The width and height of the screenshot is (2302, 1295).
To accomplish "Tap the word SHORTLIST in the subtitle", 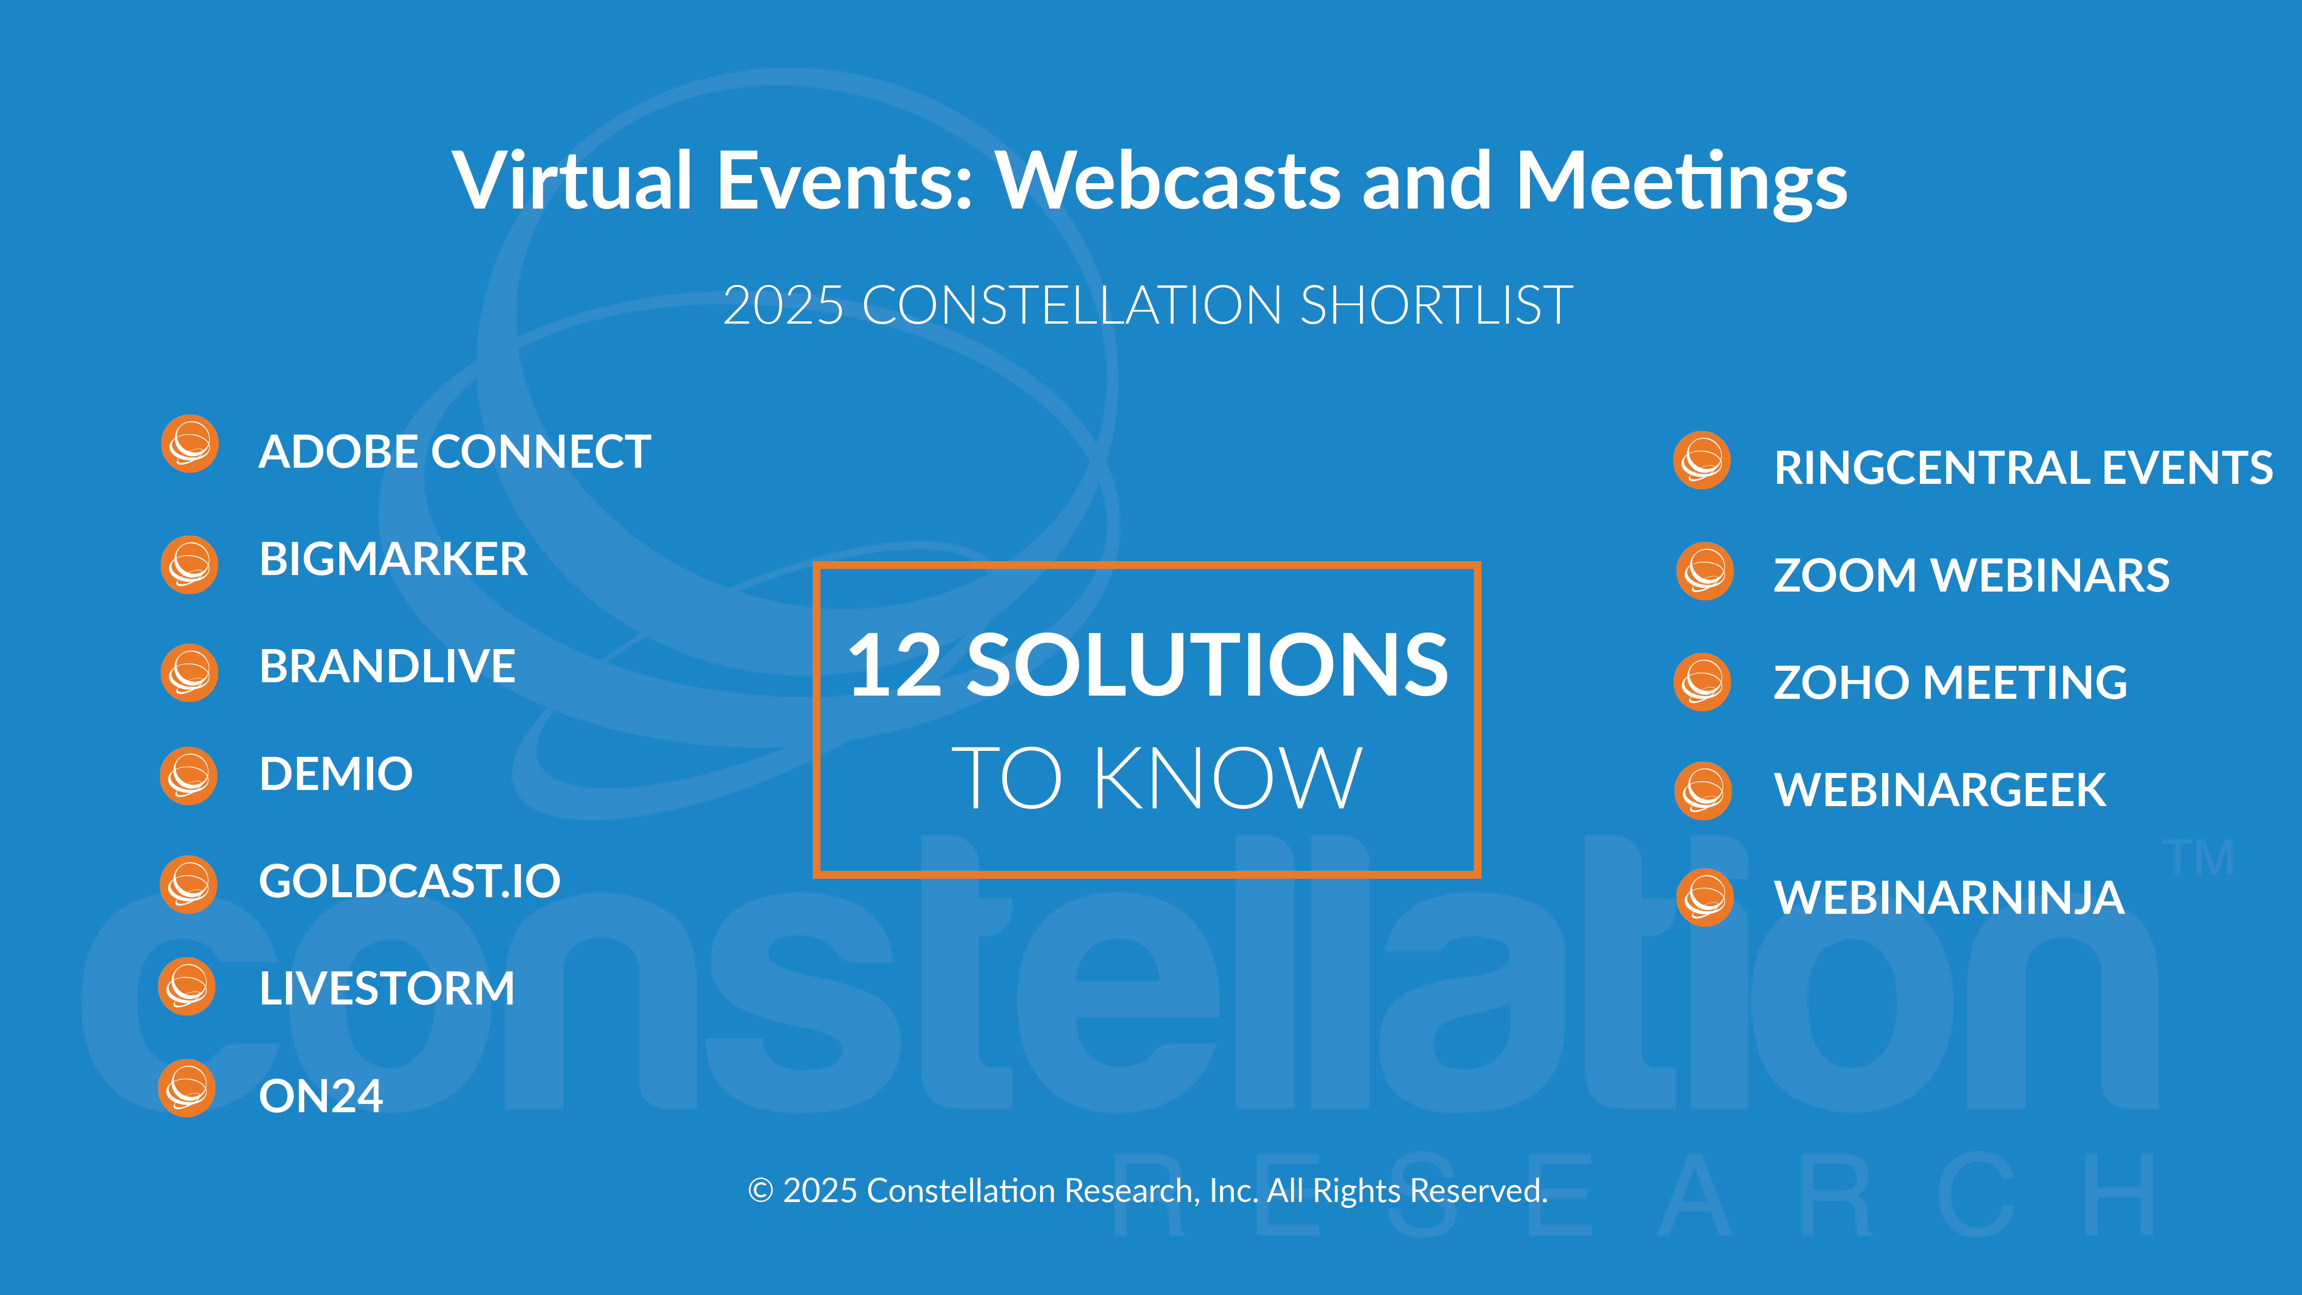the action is click(x=1436, y=306).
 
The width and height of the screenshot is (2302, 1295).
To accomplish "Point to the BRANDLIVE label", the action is click(x=387, y=666).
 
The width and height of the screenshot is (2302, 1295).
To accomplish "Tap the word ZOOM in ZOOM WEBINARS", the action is click(x=1845, y=575).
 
